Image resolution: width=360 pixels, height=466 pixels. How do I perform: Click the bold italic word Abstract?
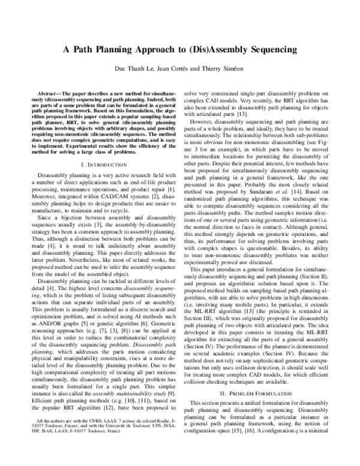point(46,95)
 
